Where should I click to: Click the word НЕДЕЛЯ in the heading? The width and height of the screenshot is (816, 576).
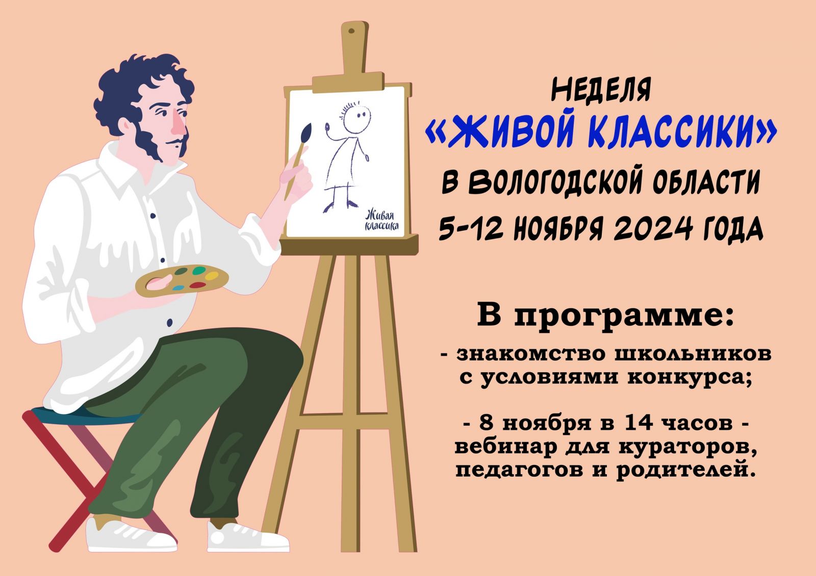601,90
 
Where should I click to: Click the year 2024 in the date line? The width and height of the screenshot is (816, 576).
652,229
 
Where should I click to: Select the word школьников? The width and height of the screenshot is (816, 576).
693,353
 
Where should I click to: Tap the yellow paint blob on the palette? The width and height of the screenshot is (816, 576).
212,276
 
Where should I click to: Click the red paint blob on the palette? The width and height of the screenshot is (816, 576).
198,285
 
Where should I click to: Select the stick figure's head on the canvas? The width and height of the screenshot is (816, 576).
356,119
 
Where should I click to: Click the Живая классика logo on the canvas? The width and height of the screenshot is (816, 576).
382,220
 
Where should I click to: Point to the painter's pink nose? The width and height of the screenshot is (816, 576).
179,124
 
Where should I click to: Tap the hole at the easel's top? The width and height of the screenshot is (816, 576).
351,31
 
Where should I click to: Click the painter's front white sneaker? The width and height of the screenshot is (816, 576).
248,537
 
